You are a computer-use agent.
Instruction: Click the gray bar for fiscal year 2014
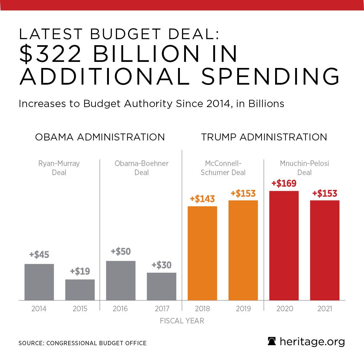tap(39, 282)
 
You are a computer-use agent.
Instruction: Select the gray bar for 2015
tap(80, 290)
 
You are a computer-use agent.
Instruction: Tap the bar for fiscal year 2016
tap(121, 281)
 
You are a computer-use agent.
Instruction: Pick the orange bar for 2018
tap(202, 253)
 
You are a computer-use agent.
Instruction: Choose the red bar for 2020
tap(284, 246)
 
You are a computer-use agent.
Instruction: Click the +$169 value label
tap(284, 184)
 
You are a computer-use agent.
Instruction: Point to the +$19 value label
tap(80, 271)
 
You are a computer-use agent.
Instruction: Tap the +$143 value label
tap(202, 199)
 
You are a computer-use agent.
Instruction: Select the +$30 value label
tap(162, 265)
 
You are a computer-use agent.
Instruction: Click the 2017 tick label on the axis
tap(162, 309)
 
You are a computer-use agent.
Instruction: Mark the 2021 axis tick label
tap(325, 309)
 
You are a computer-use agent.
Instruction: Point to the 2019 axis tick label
tap(243, 309)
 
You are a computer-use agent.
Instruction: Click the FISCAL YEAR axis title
tap(182, 321)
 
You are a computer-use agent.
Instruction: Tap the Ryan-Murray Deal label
tap(59, 168)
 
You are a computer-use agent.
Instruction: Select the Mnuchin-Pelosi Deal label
tap(304, 168)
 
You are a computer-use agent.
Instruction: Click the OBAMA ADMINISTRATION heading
tap(100, 137)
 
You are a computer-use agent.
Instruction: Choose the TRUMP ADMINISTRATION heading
tap(264, 137)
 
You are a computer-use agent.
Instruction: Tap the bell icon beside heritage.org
tap(272, 342)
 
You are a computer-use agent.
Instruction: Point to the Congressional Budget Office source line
tap(83, 343)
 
